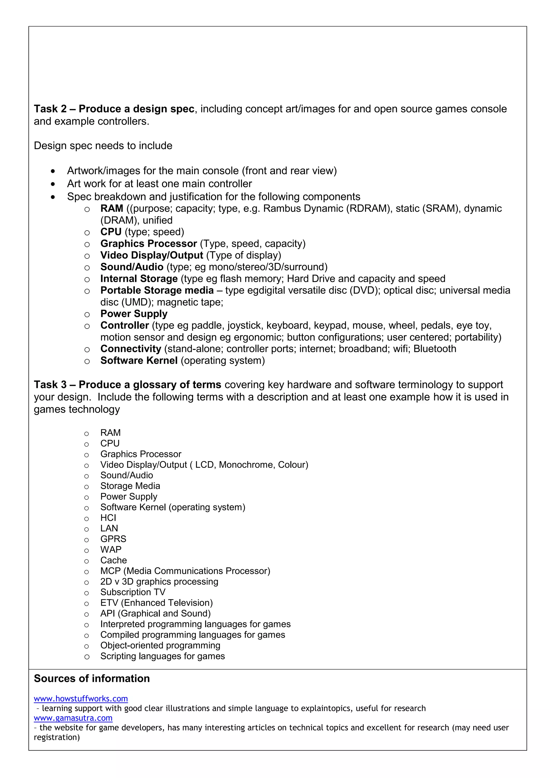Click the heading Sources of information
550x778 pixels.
[x=92, y=678]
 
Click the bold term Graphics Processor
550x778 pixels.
[x=149, y=244]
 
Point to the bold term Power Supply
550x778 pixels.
[x=134, y=314]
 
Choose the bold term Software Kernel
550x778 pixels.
[x=139, y=361]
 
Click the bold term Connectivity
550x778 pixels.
[x=131, y=349]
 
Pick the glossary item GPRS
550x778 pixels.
[x=113, y=539]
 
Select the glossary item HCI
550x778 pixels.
[x=108, y=518]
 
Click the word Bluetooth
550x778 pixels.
[x=435, y=349]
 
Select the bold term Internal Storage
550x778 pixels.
[x=139, y=279]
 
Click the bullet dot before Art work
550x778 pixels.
[x=53, y=184]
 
